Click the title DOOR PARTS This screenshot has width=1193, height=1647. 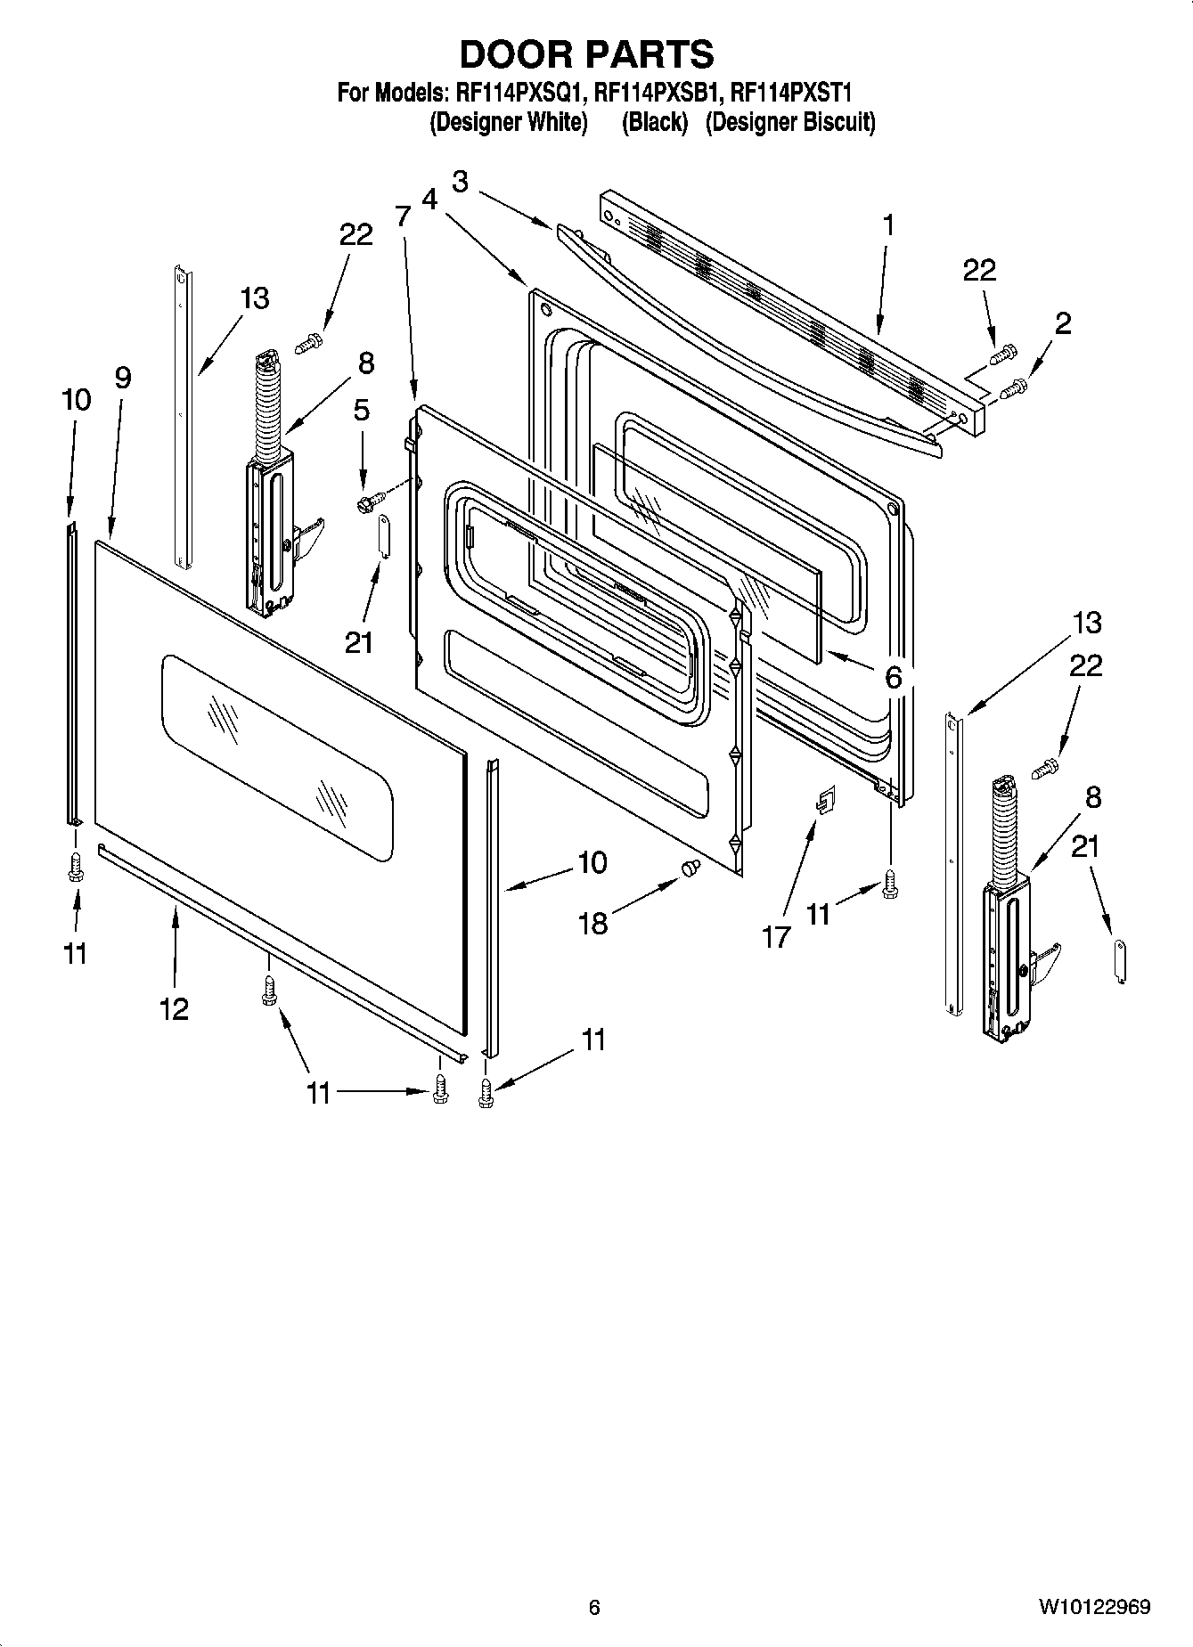pos(586,54)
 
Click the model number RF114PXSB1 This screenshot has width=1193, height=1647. pos(656,92)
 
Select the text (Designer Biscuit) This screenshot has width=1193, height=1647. pos(789,122)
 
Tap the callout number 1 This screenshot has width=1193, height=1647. pos(887,224)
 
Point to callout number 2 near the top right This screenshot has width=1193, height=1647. pos(1062,323)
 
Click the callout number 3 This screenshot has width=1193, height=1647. pos(460,181)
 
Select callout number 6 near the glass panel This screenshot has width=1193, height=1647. pos(893,677)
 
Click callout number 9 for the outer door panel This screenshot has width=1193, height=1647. pos(122,379)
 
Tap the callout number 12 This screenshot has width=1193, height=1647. pos(175,1009)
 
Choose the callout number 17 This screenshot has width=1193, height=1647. pos(776,936)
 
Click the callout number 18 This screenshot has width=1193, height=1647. pos(592,924)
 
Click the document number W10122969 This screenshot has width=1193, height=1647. pos(1093,1608)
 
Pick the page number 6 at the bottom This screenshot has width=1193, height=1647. pos(594,1608)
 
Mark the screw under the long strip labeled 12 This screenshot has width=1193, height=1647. pos(267,991)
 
